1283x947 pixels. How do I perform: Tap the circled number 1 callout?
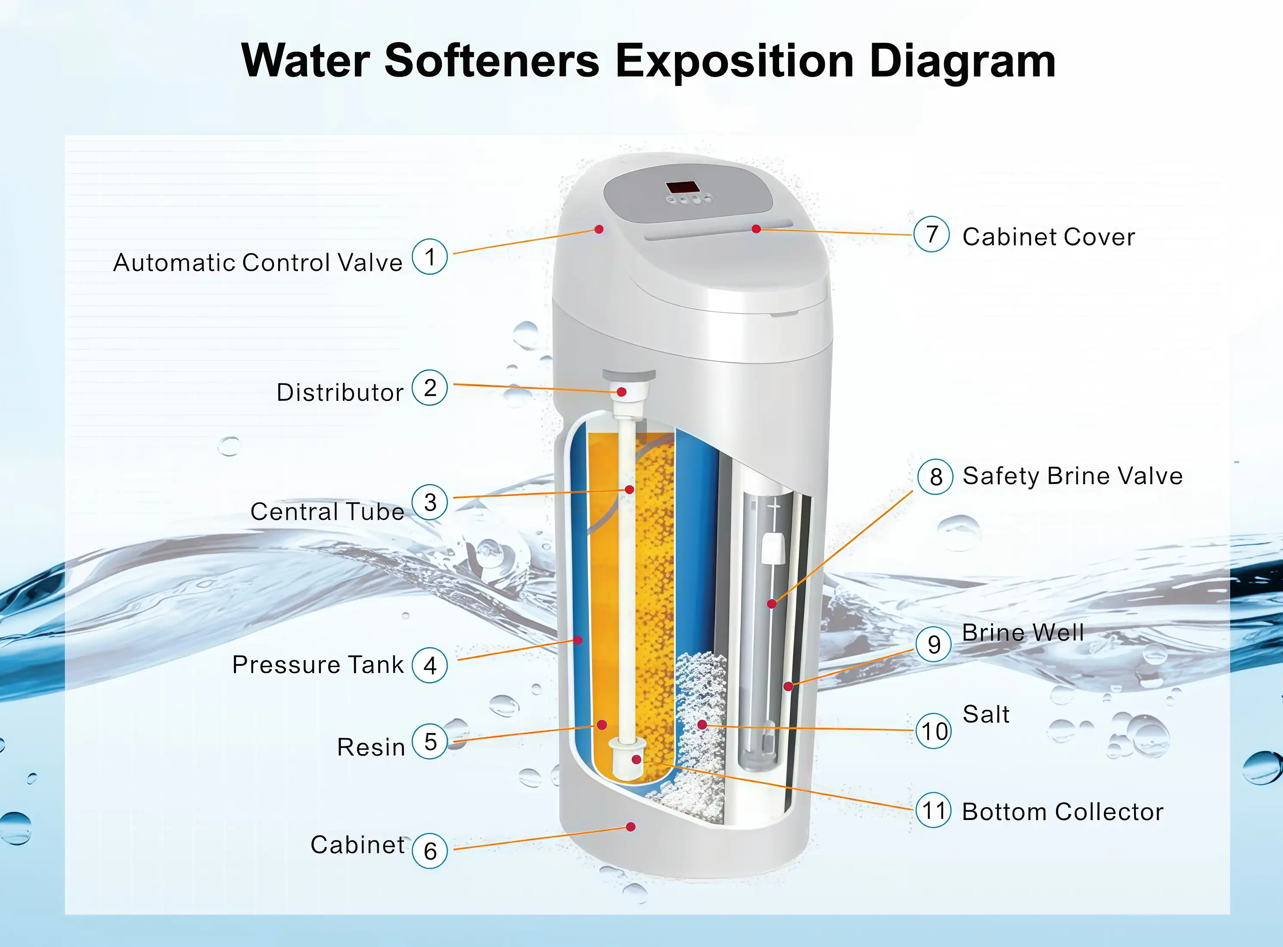[429, 256]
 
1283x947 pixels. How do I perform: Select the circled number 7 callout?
[932, 234]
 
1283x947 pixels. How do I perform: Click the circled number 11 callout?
[933, 810]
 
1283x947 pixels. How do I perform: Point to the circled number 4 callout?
[429, 665]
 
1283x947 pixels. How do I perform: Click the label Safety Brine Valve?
[1072, 476]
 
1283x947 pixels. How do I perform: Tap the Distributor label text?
[340, 393]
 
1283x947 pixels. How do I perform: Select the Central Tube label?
[327, 511]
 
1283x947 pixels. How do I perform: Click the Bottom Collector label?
[1062, 812]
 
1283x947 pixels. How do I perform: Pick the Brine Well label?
[1023, 632]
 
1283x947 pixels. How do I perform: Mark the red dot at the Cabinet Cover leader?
[756, 229]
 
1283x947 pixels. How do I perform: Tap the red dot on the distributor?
[621, 392]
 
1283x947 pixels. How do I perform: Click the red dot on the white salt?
[702, 725]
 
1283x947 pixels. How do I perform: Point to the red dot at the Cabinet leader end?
[631, 826]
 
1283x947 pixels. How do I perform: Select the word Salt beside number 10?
[986, 714]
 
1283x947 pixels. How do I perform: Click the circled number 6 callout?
[429, 851]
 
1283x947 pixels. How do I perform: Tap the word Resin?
[371, 747]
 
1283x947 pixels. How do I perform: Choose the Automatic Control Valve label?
[258, 263]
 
